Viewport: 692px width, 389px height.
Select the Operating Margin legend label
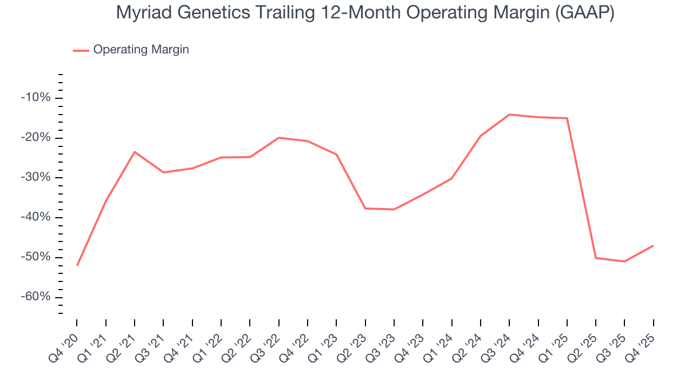pyautogui.click(x=141, y=50)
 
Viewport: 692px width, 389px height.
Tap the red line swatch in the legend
pyautogui.click(x=81, y=50)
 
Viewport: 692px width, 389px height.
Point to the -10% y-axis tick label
pyautogui.click(x=36, y=98)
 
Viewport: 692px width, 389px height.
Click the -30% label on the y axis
pyautogui.click(x=36, y=178)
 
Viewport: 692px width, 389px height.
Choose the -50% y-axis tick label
pyautogui.click(x=36, y=257)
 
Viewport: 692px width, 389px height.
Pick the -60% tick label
pyautogui.click(x=36, y=297)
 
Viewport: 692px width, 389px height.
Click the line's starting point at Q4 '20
pyautogui.click(x=77, y=265)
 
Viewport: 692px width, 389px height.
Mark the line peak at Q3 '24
pyautogui.click(x=509, y=115)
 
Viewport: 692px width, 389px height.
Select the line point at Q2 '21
pyautogui.click(x=135, y=152)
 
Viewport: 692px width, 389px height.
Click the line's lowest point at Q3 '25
pyautogui.click(x=624, y=261)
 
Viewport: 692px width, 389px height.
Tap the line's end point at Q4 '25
pyautogui.click(x=653, y=246)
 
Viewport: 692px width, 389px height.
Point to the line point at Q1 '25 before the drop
pyautogui.click(x=567, y=118)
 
